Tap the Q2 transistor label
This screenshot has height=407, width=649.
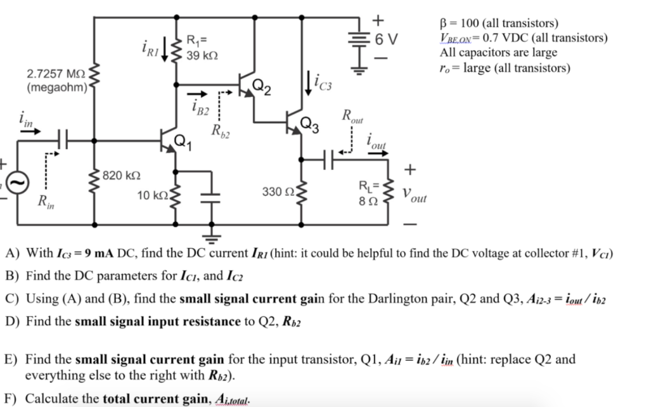(x=262, y=87)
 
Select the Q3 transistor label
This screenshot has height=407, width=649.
(x=311, y=124)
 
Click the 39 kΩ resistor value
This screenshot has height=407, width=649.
(x=202, y=56)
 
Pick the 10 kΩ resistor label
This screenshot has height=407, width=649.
(x=150, y=195)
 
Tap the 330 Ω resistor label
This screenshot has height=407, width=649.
(x=276, y=190)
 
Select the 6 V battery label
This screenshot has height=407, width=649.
(x=386, y=39)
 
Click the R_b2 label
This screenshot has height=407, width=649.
(x=222, y=132)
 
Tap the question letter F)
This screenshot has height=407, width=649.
(x=12, y=399)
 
